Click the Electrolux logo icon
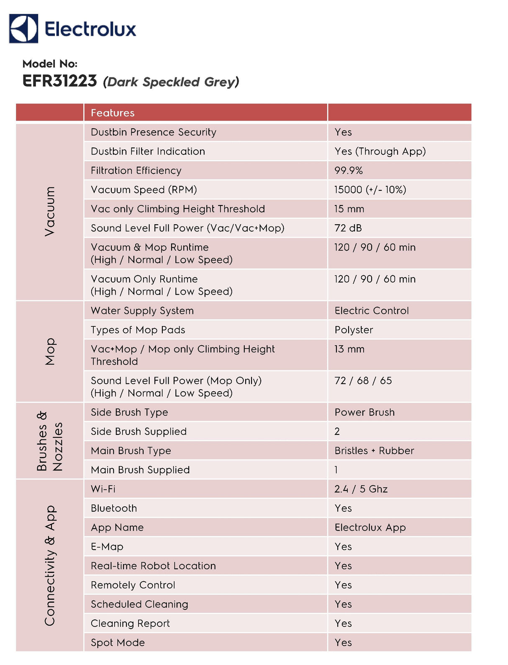pos(23,28)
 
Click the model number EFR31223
pos(60,81)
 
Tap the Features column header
pos(113,113)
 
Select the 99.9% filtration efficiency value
pos(348,170)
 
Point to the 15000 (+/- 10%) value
pos(370,190)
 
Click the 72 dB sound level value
pos(348,228)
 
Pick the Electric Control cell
pos(372,311)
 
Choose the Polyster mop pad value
pos(354,330)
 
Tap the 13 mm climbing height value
pos(349,349)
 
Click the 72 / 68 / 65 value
pos(363,380)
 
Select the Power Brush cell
pos(364,412)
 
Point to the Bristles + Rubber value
pos(374,451)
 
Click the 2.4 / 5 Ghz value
pos(361,489)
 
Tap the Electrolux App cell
pos(370,527)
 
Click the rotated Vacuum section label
pos(49,211)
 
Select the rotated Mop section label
pos(49,352)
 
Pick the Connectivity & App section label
pos(49,565)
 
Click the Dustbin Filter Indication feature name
pos(148,151)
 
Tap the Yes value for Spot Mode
pos(343,642)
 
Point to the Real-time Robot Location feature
pos(153,566)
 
